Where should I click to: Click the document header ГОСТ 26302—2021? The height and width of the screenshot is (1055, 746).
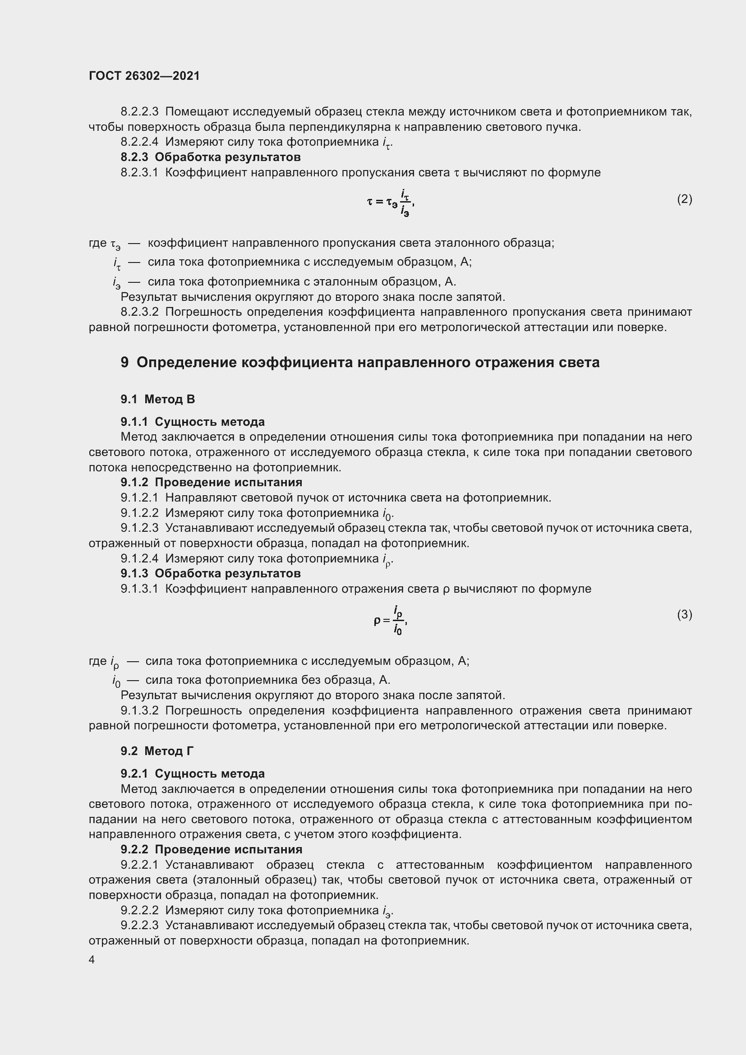144,76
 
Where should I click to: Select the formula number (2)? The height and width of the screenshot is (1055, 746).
684,199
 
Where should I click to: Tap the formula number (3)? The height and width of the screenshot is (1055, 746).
684,614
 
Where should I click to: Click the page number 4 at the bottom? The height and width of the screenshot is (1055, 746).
92,960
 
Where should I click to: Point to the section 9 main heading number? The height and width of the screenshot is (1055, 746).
124,363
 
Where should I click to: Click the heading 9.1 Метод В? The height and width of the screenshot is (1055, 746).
157,399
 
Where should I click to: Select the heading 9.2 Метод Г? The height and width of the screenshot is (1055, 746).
157,751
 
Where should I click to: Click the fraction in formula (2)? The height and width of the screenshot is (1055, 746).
405,203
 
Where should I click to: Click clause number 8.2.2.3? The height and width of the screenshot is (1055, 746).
139,112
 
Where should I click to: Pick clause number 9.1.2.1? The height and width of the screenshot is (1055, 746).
139,498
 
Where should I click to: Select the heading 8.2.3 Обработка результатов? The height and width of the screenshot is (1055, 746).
210,157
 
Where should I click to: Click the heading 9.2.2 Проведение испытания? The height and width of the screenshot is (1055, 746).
211,849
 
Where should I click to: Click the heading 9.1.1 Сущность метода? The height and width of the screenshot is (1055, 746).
193,422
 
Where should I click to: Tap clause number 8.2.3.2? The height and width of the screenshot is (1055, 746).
139,312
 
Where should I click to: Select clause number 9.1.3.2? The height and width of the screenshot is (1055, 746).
139,711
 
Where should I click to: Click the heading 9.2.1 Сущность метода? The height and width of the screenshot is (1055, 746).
193,774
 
